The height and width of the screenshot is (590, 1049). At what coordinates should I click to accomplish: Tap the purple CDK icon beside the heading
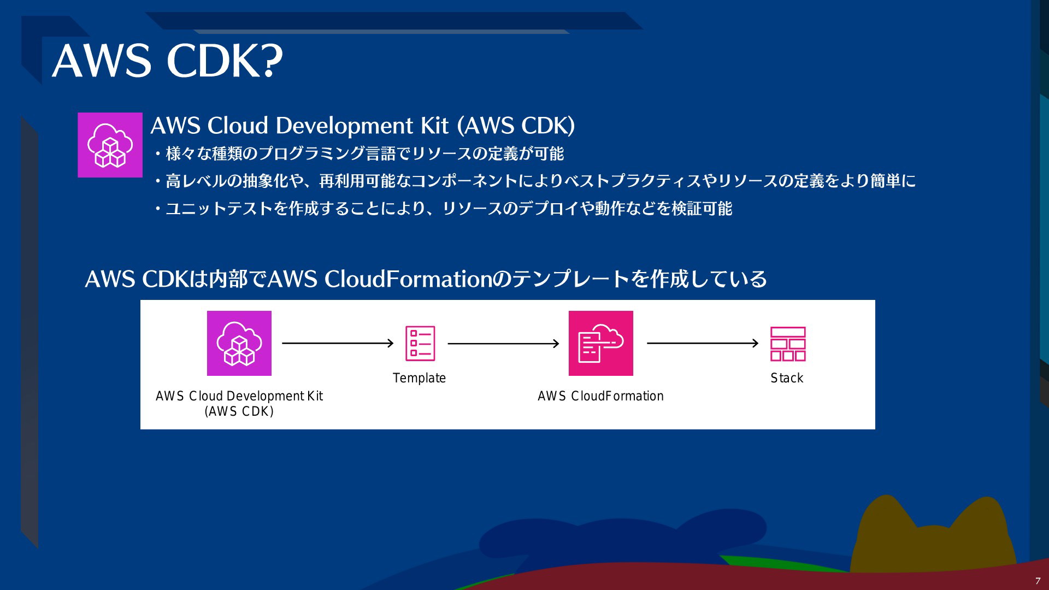(110, 145)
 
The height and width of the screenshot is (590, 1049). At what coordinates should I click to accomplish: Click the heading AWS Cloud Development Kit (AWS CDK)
(363, 126)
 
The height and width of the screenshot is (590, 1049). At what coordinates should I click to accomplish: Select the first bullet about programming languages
(358, 154)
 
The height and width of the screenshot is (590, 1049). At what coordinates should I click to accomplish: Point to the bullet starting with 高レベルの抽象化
(534, 181)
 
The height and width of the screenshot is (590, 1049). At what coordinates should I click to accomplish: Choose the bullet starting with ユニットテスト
(443, 209)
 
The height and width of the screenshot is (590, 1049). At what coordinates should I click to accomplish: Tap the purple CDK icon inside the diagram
(239, 343)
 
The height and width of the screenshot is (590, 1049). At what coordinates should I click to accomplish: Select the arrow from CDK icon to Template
(338, 343)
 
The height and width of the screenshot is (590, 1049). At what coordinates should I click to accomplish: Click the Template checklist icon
(420, 344)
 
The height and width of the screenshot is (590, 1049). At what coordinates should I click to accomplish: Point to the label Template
(419, 378)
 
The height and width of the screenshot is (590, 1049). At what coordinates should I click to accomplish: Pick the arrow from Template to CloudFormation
(503, 344)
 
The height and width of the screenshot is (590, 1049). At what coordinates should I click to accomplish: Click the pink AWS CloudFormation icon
(601, 343)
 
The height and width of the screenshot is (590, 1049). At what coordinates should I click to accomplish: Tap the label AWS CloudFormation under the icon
(600, 396)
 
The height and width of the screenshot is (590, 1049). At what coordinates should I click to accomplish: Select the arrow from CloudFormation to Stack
(703, 343)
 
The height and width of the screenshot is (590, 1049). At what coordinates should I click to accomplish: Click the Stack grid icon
(788, 344)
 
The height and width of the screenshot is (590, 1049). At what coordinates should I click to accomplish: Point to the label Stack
(787, 378)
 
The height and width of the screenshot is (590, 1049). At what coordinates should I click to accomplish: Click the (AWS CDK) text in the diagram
(239, 411)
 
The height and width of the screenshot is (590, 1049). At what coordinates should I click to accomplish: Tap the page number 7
(1038, 581)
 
